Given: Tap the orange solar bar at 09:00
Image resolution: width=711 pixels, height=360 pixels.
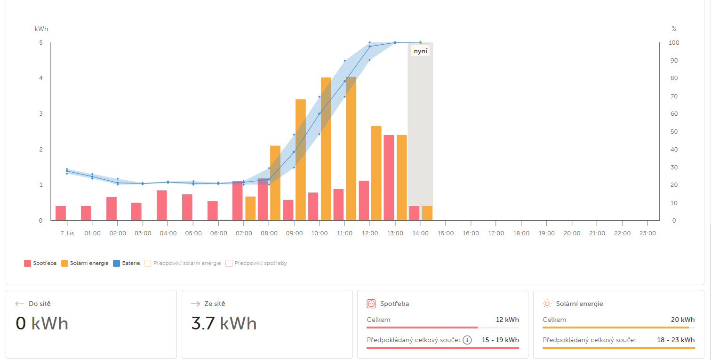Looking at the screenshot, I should click(x=301, y=160).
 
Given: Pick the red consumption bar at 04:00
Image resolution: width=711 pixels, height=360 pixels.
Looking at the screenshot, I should click(x=162, y=205).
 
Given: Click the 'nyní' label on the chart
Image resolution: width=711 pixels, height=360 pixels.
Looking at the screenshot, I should click(x=420, y=51).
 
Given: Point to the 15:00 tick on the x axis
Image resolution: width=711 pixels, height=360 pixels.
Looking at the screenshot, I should click(x=446, y=233).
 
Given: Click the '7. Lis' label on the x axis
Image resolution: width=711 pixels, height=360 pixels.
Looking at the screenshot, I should click(x=67, y=233).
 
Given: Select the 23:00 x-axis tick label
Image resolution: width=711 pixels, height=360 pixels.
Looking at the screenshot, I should click(x=647, y=233).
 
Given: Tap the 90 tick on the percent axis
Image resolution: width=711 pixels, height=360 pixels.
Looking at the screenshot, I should click(x=674, y=61).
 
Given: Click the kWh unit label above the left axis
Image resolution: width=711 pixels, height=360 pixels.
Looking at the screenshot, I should click(x=41, y=29).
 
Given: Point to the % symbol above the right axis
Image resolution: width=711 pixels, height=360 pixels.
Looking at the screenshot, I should click(x=674, y=29).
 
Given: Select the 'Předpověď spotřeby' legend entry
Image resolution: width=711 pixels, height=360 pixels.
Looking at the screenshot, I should click(x=256, y=264).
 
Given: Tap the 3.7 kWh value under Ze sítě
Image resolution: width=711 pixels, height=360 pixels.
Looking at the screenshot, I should click(x=224, y=324).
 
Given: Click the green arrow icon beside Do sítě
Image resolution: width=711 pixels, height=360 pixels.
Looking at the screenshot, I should click(x=20, y=304).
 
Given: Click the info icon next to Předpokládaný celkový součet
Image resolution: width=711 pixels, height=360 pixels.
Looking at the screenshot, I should click(x=467, y=340).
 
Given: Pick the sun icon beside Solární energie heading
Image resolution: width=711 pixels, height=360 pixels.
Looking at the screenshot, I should click(x=547, y=304).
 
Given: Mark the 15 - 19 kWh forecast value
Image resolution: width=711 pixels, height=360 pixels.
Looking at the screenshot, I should click(x=500, y=340).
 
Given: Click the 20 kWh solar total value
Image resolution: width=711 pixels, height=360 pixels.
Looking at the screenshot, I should click(x=682, y=320).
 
